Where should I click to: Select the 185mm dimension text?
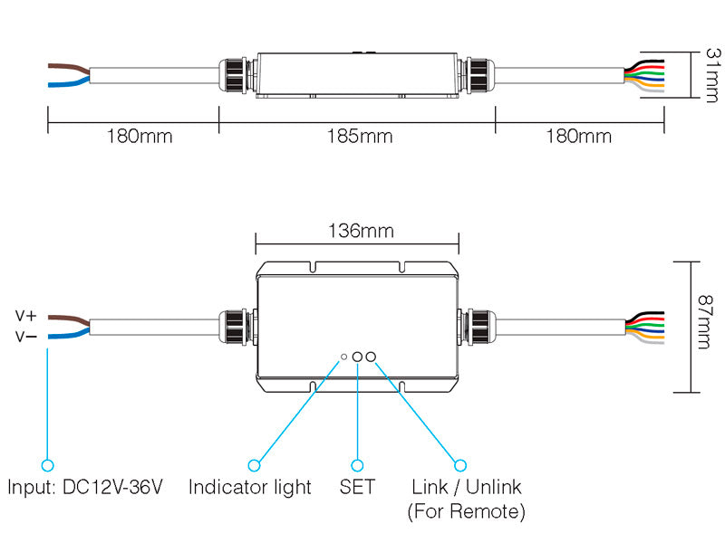pyautogui.click(x=360, y=137)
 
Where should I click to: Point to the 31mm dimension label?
pyautogui.click(x=710, y=77)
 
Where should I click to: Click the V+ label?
pyautogui.click(x=25, y=316)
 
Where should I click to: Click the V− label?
pyautogui.click(x=25, y=337)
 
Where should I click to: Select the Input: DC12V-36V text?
pyautogui.click(x=85, y=488)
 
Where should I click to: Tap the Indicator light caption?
pyautogui.click(x=249, y=488)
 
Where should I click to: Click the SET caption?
pyautogui.click(x=357, y=488)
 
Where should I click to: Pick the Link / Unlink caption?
pyautogui.click(x=466, y=488)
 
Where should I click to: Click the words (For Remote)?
pyautogui.click(x=466, y=511)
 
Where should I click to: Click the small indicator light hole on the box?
pyautogui.click(x=343, y=357)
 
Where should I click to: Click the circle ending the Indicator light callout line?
pyautogui.click(x=255, y=464)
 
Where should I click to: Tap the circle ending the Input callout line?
pyautogui.click(x=47, y=464)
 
